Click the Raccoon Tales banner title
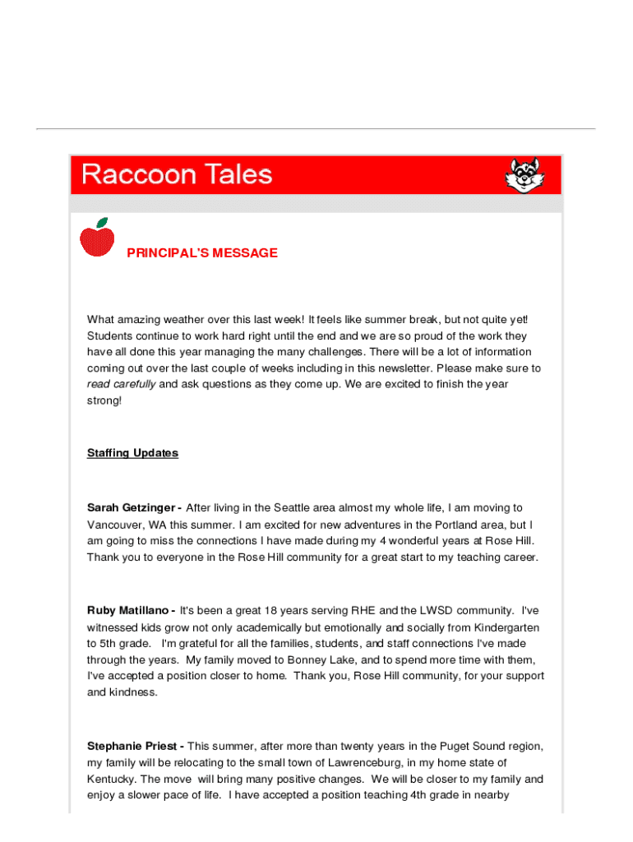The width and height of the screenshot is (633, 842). point(177,174)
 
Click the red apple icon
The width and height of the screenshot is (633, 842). point(97,238)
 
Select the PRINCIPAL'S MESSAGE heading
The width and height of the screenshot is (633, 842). point(202,253)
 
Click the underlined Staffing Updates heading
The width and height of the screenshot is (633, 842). point(132,453)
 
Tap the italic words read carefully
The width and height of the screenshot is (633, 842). point(121,384)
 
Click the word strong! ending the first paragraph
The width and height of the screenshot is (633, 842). point(104,400)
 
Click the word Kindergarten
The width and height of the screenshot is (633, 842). point(510,627)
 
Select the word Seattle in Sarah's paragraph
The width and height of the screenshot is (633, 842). point(294,508)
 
